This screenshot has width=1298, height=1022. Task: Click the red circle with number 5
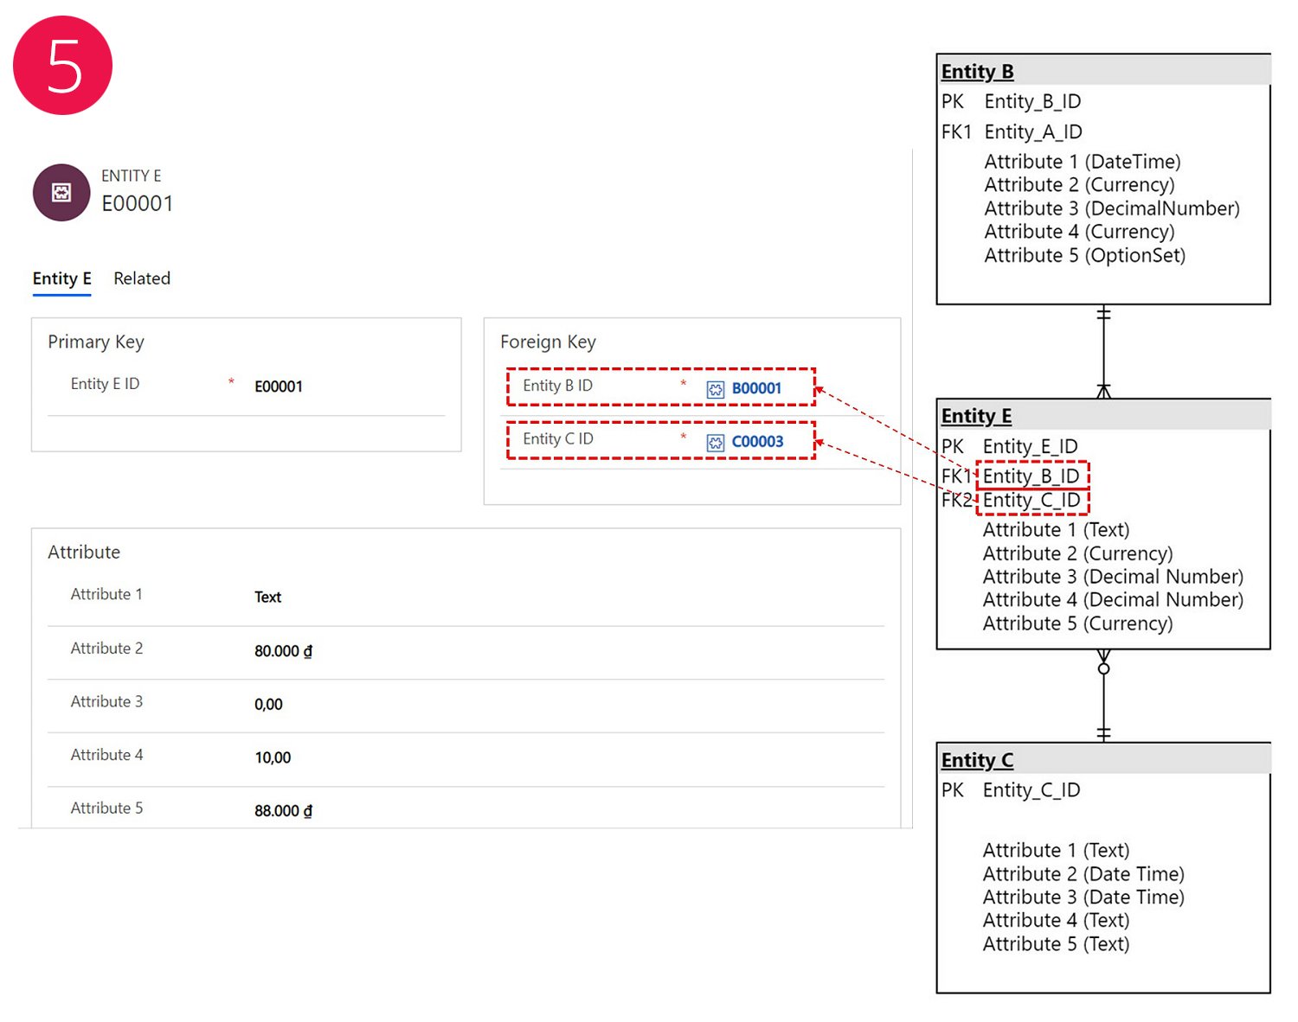click(62, 65)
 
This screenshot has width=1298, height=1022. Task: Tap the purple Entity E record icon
click(61, 193)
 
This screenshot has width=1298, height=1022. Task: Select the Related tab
click(142, 278)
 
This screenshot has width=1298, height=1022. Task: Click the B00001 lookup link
click(756, 388)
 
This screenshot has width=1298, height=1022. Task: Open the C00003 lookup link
click(757, 442)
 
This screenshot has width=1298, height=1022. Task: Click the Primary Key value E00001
click(278, 386)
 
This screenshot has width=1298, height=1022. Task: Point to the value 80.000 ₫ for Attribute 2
click(284, 651)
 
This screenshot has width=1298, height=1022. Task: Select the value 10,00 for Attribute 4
click(273, 757)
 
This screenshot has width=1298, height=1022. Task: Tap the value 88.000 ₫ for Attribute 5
click(284, 810)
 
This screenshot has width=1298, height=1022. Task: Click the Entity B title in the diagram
click(977, 72)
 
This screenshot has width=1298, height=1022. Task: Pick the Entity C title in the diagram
click(977, 761)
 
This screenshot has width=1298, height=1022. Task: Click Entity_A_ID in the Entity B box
click(1033, 132)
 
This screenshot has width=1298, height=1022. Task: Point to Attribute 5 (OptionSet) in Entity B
click(1085, 256)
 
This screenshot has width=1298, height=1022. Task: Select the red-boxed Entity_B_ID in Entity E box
click(1031, 476)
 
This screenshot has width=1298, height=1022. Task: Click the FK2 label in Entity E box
click(956, 500)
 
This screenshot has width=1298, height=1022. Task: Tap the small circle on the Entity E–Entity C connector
click(1104, 669)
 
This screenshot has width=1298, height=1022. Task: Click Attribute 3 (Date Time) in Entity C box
click(1084, 897)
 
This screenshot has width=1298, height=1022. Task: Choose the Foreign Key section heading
click(548, 342)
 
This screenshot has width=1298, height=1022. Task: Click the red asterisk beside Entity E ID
click(231, 381)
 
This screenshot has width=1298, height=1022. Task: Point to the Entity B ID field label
click(558, 386)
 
